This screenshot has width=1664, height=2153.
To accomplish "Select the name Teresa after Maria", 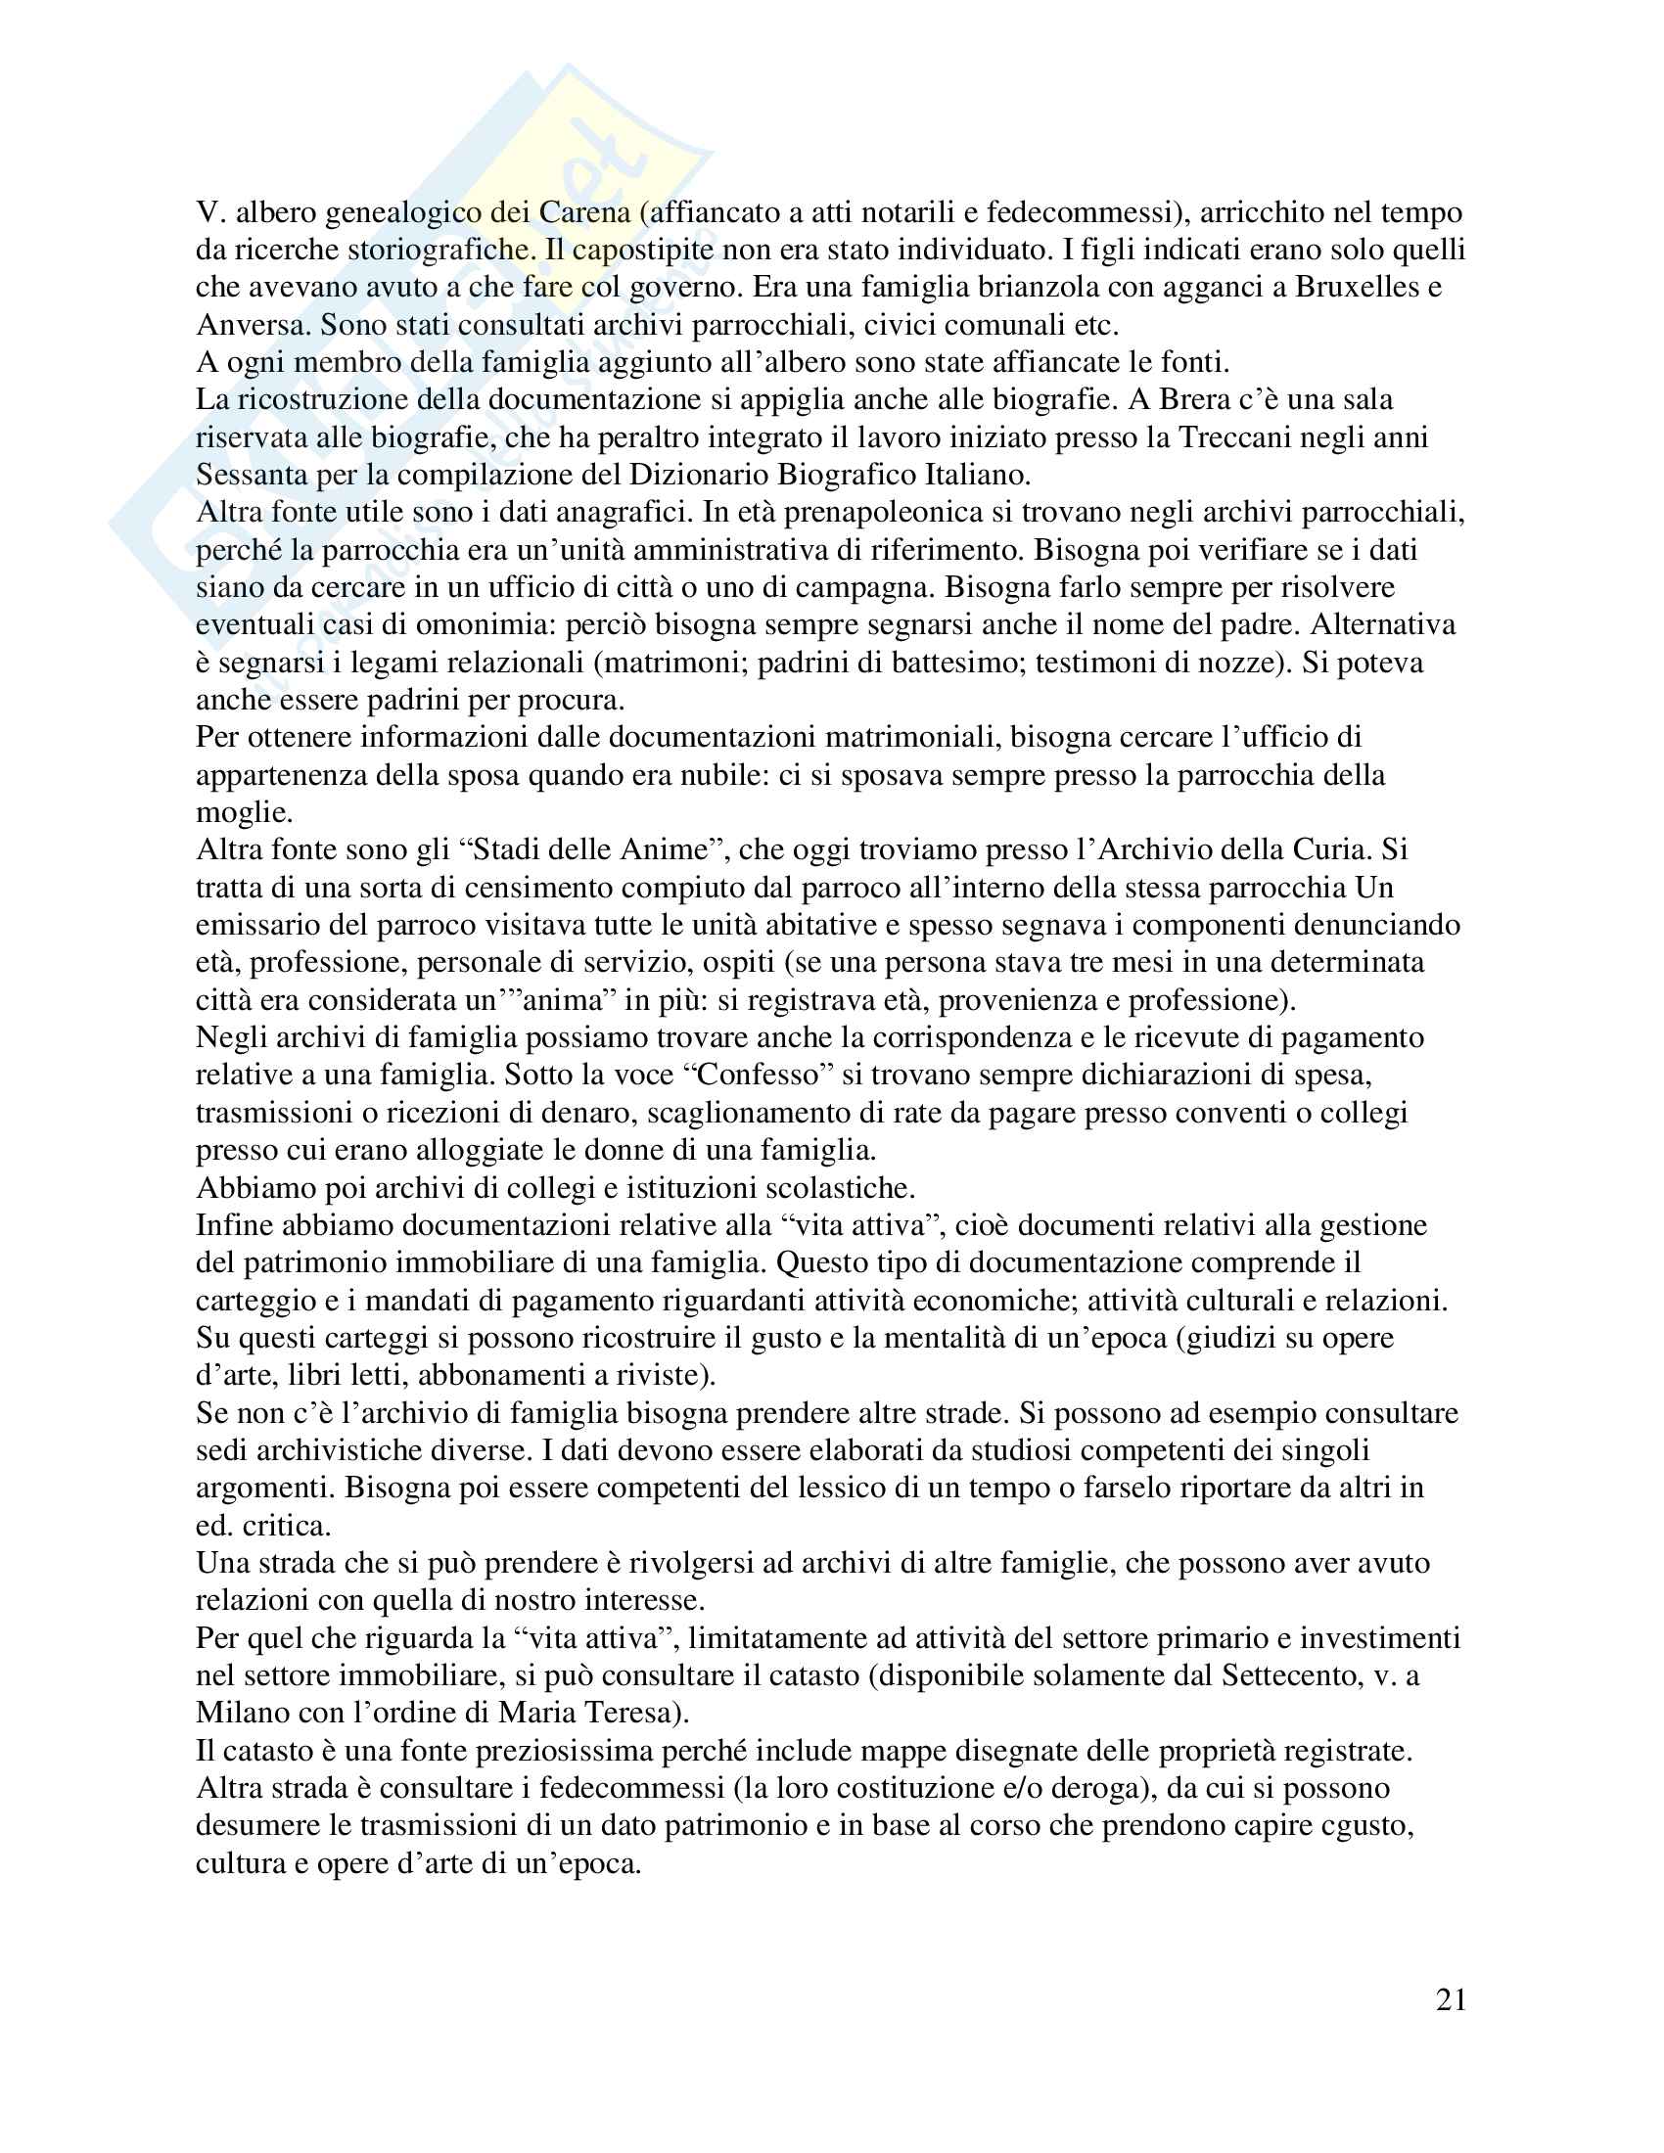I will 631,1714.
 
